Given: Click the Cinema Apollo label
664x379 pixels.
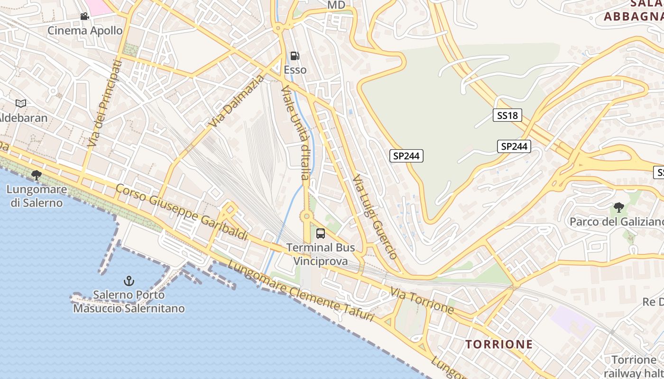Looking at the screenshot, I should [x=85, y=31].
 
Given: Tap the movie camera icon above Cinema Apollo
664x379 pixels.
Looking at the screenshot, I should [x=84, y=17].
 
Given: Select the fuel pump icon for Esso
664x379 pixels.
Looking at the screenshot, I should [x=295, y=56].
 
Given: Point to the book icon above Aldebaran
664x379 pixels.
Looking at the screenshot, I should [x=20, y=103].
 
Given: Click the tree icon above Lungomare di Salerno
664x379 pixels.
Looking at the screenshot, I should [x=36, y=176].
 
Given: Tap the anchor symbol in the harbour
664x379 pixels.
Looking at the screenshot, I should [x=129, y=281].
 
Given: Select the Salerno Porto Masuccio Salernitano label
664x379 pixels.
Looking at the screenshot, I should [x=129, y=302].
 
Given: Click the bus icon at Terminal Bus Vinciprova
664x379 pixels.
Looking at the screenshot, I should [x=321, y=233].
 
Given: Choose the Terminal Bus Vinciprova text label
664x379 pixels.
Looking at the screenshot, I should [x=321, y=254].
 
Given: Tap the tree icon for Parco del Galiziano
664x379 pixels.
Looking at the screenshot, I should [x=618, y=207].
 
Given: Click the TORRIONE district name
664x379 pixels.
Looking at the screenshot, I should [x=499, y=344].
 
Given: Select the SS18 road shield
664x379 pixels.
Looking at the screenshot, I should [x=507, y=115].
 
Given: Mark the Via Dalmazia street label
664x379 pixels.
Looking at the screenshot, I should [x=236, y=101].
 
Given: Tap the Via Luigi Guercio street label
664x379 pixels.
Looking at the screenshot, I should [x=375, y=217].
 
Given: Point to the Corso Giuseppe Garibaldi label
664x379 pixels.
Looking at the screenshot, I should [x=182, y=212].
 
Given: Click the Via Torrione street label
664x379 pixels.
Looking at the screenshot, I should [x=422, y=300].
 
